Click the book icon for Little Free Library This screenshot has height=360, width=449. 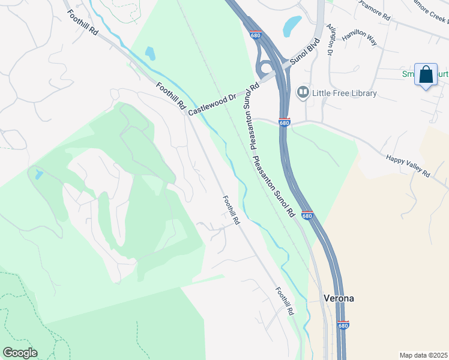click(x=303, y=92)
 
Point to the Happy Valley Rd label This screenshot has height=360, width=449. click(x=408, y=166)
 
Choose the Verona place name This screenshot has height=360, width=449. click(x=339, y=298)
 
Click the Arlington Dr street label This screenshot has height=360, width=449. click(x=330, y=40)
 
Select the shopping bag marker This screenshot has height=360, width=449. click(x=426, y=75)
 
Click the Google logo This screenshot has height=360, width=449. click(x=20, y=353)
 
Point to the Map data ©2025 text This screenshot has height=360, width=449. click(x=423, y=355)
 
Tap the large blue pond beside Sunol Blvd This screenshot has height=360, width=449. click(x=292, y=25)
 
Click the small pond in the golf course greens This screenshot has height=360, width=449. click(x=39, y=175)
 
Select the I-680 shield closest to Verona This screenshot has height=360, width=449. click(x=343, y=325)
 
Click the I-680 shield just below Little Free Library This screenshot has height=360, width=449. click(x=285, y=122)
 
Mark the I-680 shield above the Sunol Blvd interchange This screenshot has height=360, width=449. click(x=256, y=35)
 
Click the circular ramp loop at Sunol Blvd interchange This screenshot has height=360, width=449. click(x=265, y=67)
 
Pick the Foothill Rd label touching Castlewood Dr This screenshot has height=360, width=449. click(x=171, y=96)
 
